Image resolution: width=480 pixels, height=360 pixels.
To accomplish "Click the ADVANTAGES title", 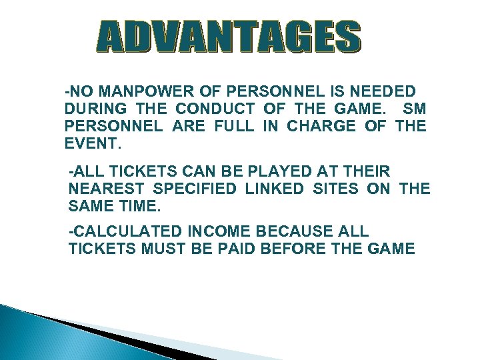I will pyautogui.click(x=228, y=37).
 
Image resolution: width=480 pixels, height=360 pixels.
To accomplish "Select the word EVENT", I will pyautogui.click(x=93, y=143).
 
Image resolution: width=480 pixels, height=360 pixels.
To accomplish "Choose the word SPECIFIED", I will pyautogui.click(x=195, y=190).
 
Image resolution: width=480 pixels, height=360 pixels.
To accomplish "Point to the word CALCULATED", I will pyautogui.click(x=126, y=231).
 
